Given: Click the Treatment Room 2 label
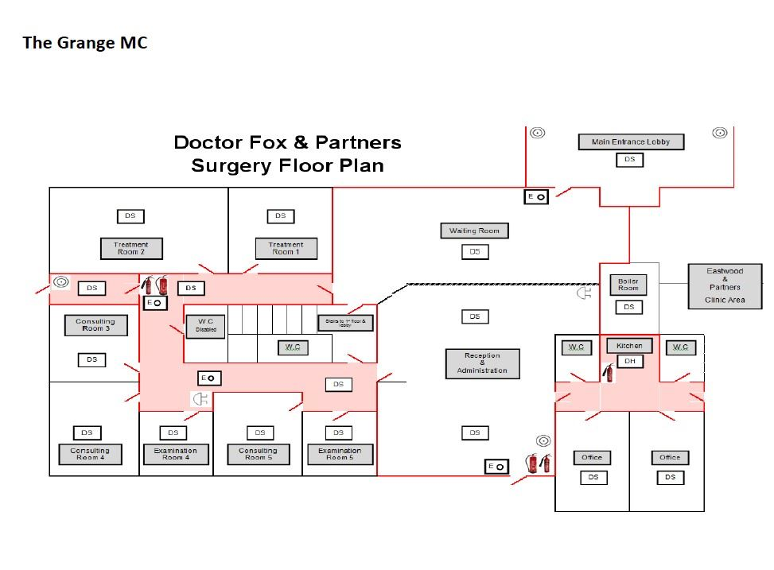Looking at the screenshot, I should (x=131, y=248).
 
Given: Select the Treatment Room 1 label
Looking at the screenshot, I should (x=286, y=248).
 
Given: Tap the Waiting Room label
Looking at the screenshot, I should (x=474, y=231).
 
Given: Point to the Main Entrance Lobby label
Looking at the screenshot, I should (x=631, y=142).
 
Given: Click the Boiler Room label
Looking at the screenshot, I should (x=628, y=285).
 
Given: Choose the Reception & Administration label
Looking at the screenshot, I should (x=482, y=363).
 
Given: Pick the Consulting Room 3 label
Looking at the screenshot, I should (x=95, y=325).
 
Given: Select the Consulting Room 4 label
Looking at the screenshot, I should (x=89, y=454).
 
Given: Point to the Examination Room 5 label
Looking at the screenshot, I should (x=340, y=454).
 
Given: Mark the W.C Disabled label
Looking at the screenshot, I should (x=205, y=326).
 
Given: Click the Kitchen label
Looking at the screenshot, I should (x=629, y=346).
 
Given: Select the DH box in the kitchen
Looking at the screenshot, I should (x=629, y=361).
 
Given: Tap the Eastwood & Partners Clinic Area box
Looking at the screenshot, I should (x=725, y=286).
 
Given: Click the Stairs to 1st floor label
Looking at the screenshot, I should (x=344, y=323).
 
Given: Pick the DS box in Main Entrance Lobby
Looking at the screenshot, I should (x=629, y=160).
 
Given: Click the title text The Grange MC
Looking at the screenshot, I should (x=85, y=43).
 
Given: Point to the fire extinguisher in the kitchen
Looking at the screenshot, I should (x=609, y=371).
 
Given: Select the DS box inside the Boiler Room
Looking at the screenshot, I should (x=628, y=307).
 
